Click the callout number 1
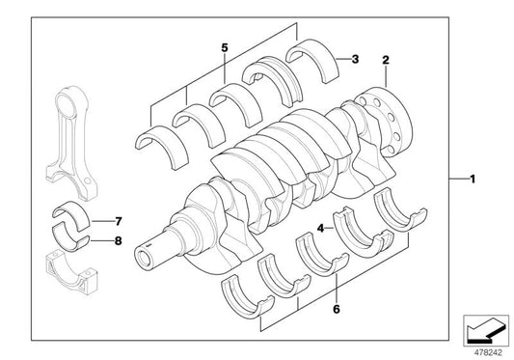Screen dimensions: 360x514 point(473,180)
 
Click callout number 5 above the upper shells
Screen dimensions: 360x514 point(224,47)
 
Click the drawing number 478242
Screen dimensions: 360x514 point(486,351)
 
